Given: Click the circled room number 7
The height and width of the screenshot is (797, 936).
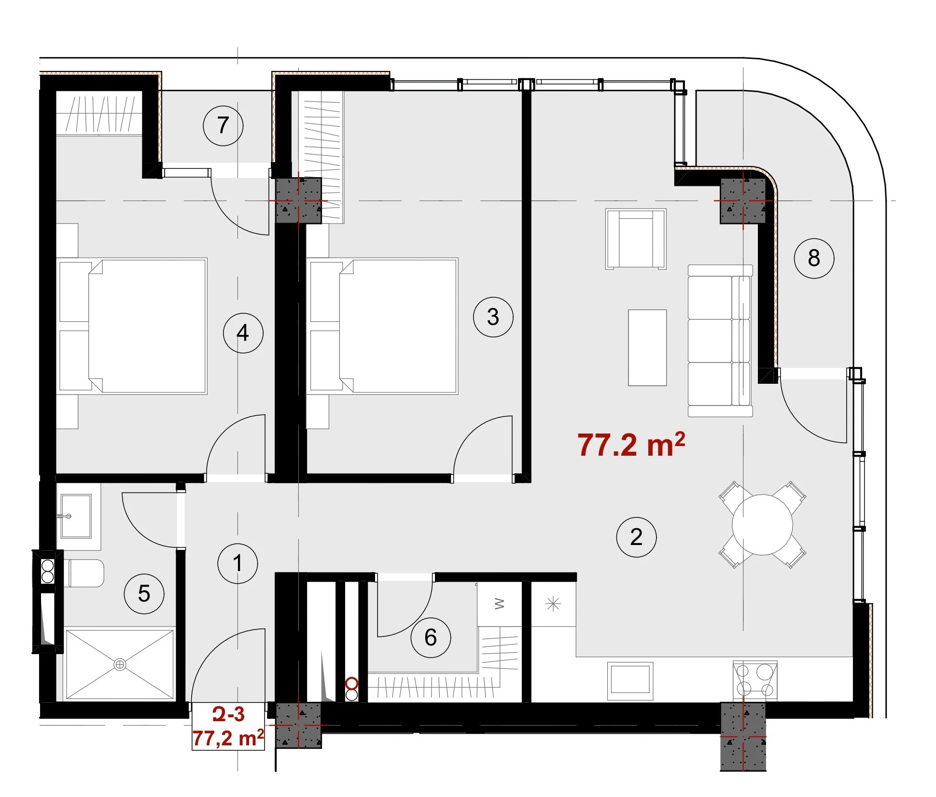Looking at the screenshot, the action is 223,126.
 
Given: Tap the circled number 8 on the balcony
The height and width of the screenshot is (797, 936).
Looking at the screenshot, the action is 814,258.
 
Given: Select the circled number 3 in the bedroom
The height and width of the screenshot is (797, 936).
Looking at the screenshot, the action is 493,317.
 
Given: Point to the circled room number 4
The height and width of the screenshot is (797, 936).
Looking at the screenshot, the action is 243,333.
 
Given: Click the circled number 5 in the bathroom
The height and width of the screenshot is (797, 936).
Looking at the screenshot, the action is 144,594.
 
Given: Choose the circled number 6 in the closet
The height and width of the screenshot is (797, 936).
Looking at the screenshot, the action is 431,638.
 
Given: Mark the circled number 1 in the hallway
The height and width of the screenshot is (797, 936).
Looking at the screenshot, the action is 237,563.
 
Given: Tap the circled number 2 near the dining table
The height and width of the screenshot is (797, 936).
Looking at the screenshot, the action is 636,537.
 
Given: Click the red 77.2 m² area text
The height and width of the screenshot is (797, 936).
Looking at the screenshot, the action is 631,445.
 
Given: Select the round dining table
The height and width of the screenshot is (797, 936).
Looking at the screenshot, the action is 762,525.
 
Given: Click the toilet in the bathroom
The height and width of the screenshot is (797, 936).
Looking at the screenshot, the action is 84,573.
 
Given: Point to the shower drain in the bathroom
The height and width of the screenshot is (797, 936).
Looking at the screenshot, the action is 120,665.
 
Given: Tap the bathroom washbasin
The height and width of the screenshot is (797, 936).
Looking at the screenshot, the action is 76,516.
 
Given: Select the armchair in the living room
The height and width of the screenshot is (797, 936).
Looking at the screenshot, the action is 636,239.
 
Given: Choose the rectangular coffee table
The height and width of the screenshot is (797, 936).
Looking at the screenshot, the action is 647,348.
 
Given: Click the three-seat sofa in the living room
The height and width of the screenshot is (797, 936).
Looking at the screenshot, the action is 720,340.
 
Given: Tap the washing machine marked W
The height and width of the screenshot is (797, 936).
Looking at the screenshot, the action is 500,604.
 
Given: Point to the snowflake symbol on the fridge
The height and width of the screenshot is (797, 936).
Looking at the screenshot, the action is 553,604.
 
